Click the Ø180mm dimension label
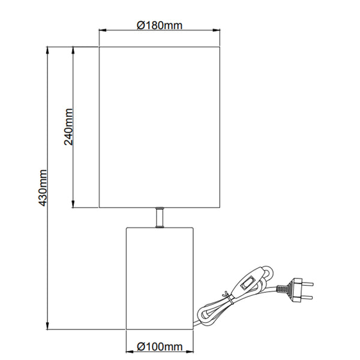click(x=160, y=25)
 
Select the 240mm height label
click(x=68, y=127)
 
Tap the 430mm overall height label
click(x=42, y=187)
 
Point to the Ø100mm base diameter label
click(x=160, y=347)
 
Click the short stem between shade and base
click(x=160, y=217)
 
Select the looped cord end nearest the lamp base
click(x=203, y=315)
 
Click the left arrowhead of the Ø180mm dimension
click(x=102, y=30)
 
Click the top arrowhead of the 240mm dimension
click(x=73, y=49)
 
